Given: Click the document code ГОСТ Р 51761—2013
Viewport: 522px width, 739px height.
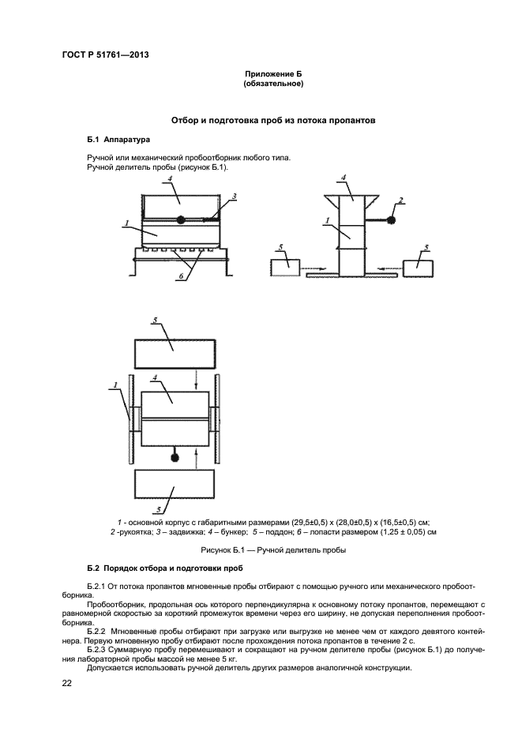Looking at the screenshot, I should tap(105, 54).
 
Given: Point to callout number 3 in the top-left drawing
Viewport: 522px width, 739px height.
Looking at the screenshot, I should tap(234, 196).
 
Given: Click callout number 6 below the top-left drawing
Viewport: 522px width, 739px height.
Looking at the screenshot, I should tap(182, 276).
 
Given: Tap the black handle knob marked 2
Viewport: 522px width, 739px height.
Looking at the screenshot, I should tap(392, 219).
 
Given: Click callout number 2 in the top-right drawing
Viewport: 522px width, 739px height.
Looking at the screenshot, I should tap(401, 201).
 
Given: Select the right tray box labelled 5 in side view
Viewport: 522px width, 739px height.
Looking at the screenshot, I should tap(419, 266).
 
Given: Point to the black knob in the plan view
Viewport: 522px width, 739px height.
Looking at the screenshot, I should tap(175, 457).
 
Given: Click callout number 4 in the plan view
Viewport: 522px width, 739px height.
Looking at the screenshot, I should tap(156, 378).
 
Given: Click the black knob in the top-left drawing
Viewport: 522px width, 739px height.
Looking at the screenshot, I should tap(180, 219).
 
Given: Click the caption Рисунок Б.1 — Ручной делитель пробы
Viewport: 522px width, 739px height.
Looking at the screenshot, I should tap(273, 550).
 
